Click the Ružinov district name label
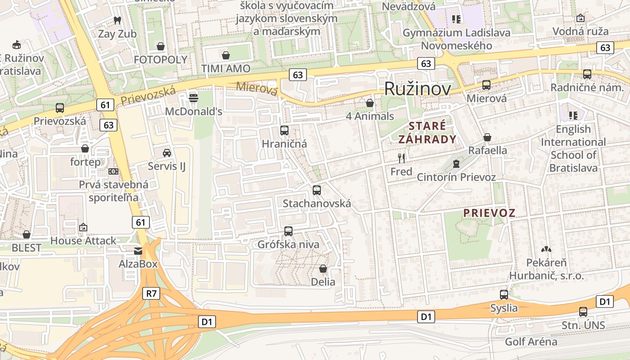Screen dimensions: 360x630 417,89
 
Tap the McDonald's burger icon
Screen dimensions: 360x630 193,98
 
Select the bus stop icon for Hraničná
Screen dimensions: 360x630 284,130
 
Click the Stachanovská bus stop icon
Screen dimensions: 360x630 317,190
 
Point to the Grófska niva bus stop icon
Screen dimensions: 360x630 288,231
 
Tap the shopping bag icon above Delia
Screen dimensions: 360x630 323,269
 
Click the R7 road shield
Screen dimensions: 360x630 152,294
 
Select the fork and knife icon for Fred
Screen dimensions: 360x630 401,158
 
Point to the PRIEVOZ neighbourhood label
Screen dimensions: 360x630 489,213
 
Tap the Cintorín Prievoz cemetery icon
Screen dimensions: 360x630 456,163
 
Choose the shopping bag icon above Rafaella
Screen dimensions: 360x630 487,137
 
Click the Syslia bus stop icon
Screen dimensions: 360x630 504,295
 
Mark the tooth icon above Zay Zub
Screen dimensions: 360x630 117,20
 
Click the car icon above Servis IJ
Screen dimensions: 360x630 167,153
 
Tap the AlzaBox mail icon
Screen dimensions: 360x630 138,251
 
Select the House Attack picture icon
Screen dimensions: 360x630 83,227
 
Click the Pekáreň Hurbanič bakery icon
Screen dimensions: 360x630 546,249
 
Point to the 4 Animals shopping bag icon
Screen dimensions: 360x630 370,103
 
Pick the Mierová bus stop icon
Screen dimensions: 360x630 486,85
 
